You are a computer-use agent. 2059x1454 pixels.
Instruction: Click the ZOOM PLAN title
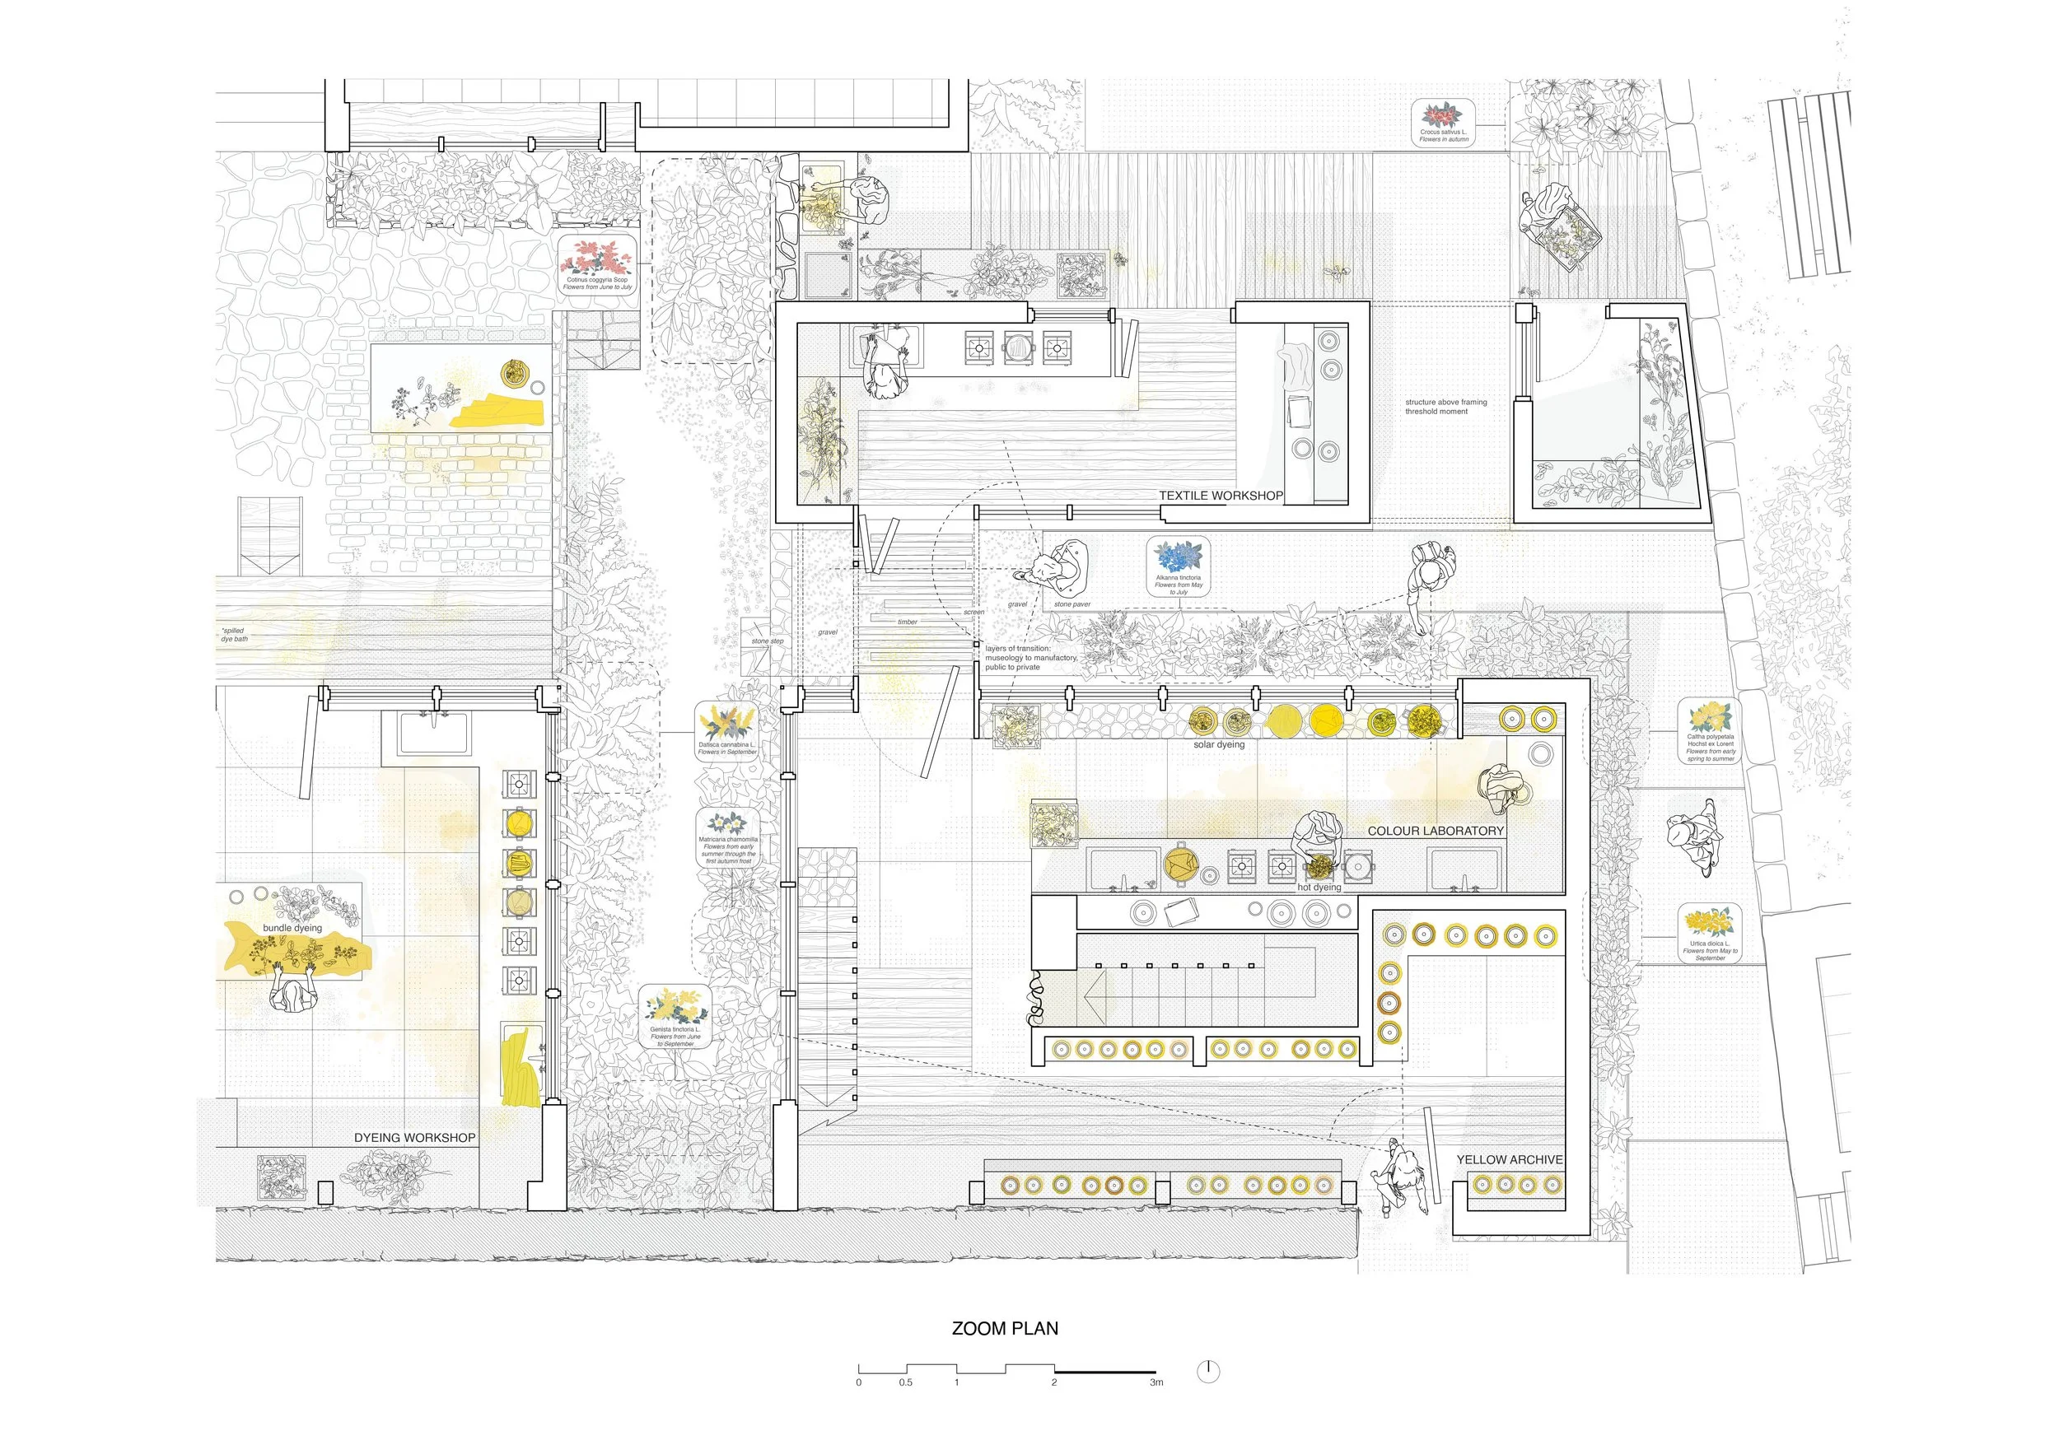1005,1329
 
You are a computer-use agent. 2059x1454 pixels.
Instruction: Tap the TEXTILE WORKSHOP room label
1221,496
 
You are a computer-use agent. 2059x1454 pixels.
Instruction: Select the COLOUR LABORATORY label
1435,831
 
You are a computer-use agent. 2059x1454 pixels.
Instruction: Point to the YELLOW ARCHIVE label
1510,1159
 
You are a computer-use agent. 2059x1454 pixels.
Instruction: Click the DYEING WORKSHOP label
414,1138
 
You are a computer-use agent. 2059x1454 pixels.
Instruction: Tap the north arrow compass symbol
1209,1371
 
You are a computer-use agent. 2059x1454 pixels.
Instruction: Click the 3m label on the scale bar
1156,1382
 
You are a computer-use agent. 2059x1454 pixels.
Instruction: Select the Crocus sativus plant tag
1443,122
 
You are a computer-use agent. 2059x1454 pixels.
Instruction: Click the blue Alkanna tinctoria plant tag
1179,566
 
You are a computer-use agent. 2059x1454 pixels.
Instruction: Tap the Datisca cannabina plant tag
727,730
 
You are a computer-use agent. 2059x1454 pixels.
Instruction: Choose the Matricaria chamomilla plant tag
728,838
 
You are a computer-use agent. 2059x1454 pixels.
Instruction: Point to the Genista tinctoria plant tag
675,1018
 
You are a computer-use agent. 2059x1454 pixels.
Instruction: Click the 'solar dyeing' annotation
1219,745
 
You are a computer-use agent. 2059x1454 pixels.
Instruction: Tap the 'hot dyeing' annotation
1319,888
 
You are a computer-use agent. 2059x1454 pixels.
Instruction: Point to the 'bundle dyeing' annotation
292,928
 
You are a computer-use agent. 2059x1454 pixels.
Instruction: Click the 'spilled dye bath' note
234,635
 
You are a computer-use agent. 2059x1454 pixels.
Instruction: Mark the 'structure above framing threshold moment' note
1445,407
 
